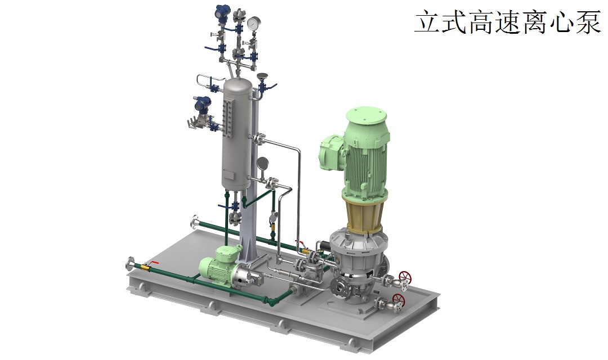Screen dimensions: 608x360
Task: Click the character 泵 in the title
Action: point(588,22)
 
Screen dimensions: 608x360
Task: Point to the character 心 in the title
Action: point(562,22)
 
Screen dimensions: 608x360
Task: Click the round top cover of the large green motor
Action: point(366,115)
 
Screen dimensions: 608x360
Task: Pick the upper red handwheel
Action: point(405,277)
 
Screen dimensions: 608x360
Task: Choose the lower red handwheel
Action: point(398,299)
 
